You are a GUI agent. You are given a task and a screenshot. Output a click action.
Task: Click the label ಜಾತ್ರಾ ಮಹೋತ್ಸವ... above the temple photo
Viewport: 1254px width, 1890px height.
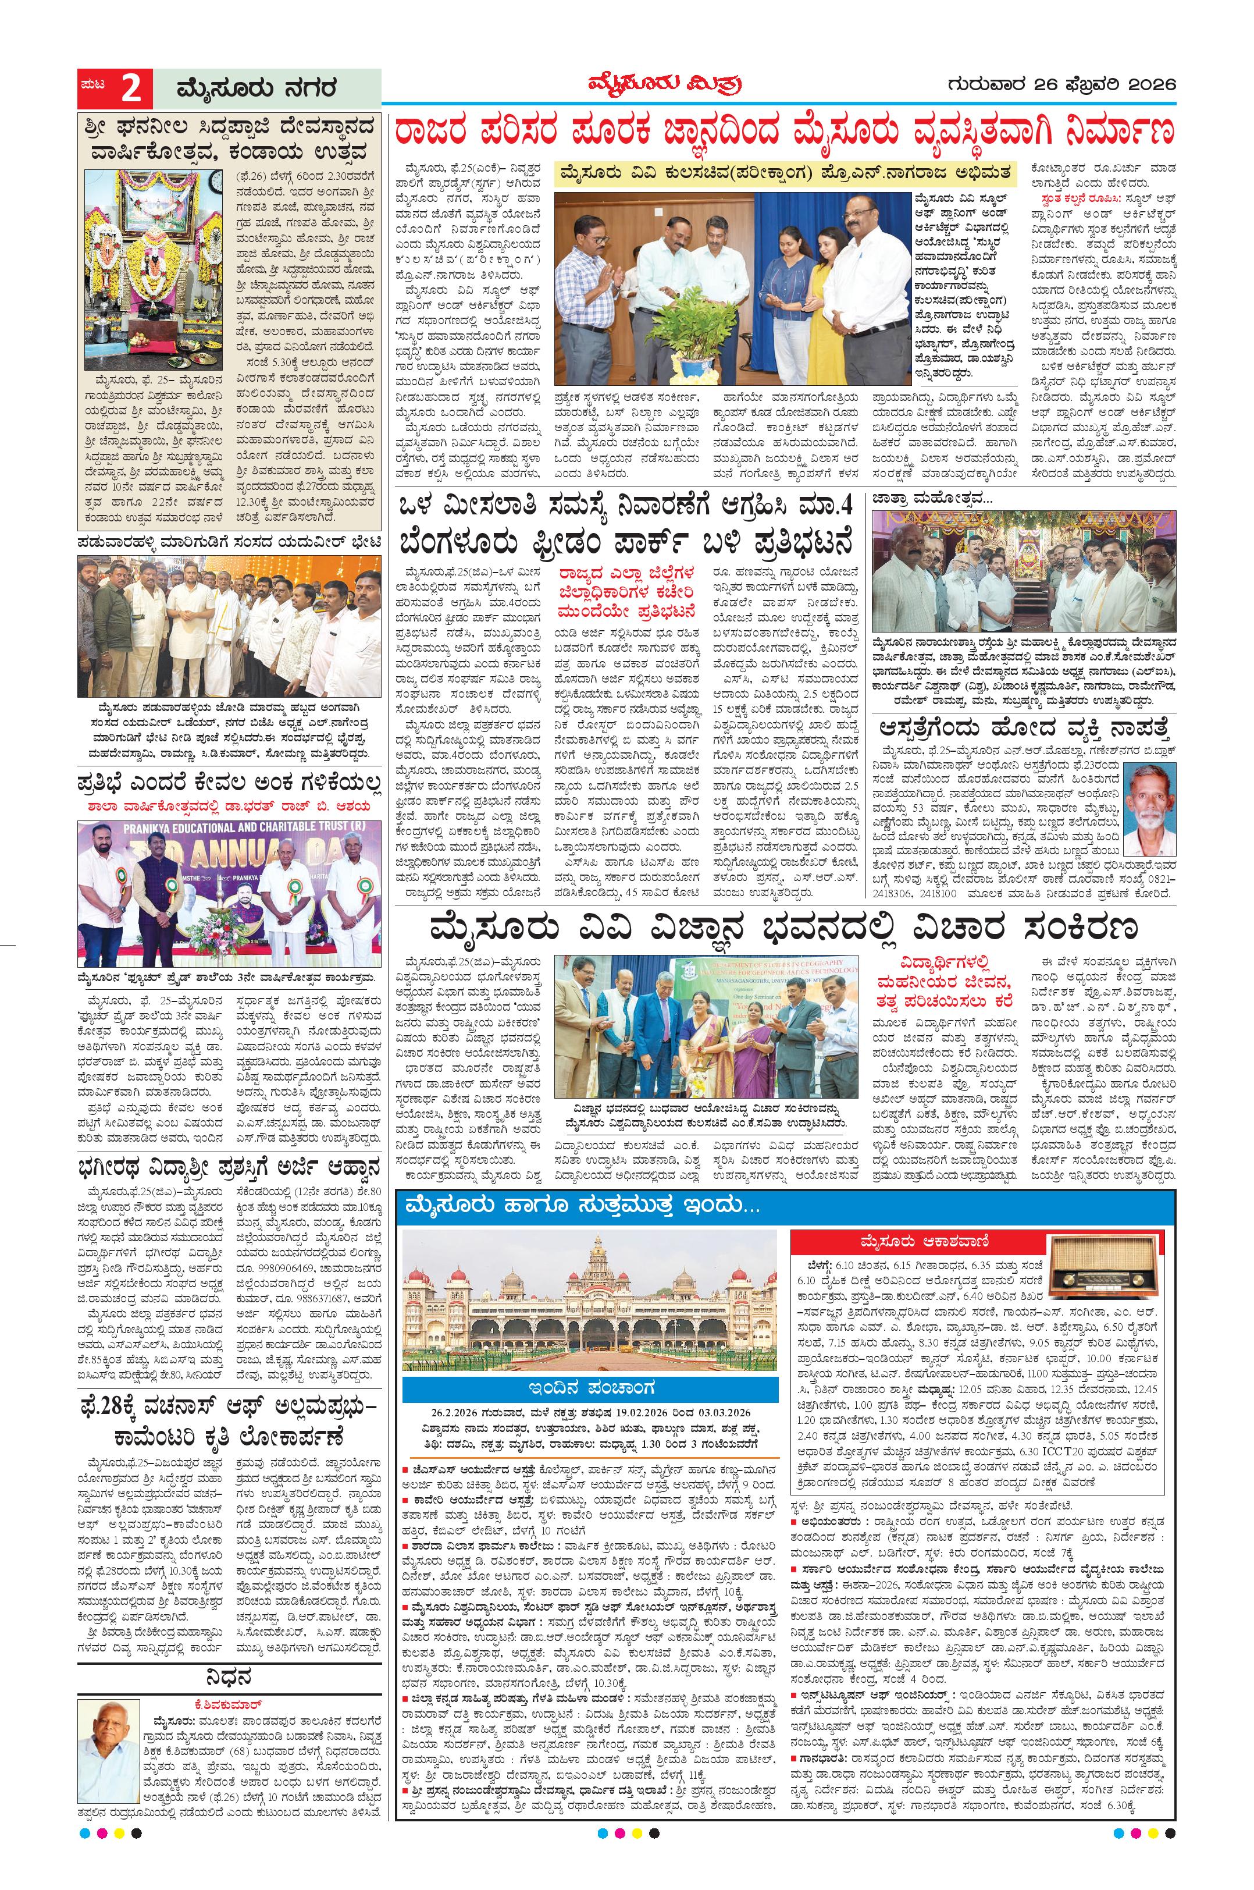pos(921,498)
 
